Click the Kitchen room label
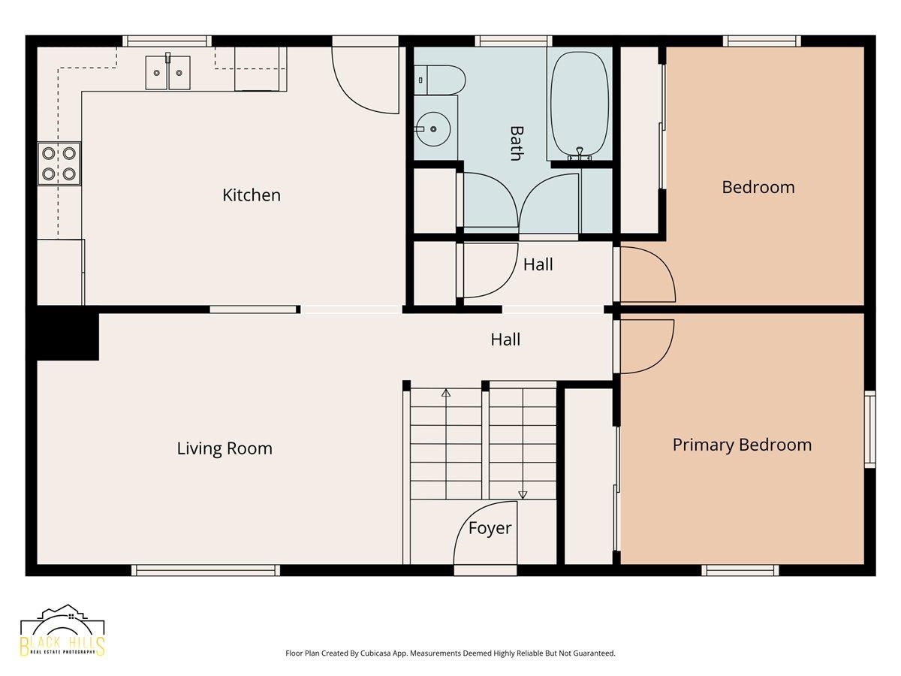coord(252,195)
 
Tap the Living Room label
coord(224,448)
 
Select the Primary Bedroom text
coord(742,445)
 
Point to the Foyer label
coord(490,528)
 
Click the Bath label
coord(516,143)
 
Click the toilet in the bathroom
coord(439,80)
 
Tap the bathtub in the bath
coord(580,105)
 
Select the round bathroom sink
coord(432,129)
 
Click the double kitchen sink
coord(168,73)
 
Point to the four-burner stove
coord(59,164)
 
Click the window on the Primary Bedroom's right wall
coord(869,430)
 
